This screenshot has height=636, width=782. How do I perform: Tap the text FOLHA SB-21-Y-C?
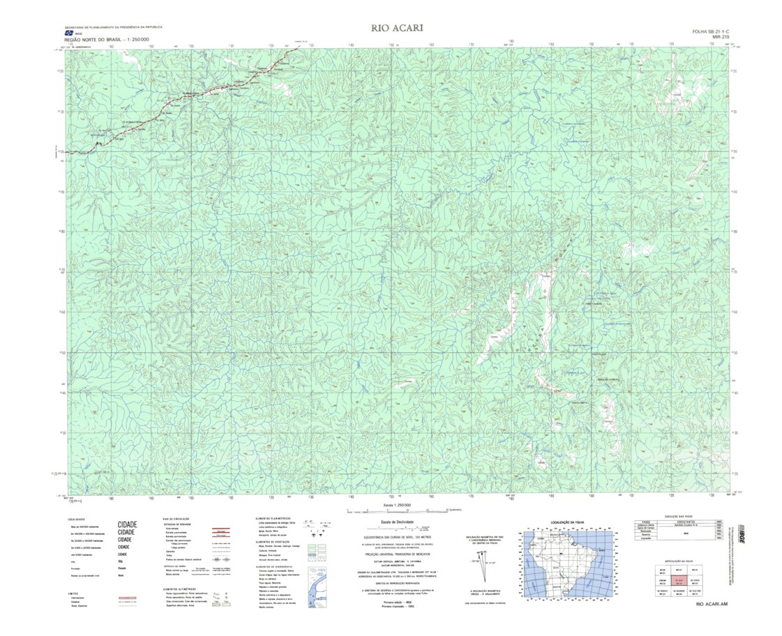coord(710,31)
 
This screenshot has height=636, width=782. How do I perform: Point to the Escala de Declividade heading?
coord(396,522)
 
